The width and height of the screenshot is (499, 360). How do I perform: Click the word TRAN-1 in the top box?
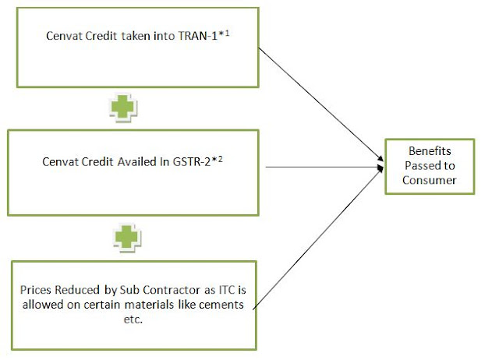click(x=197, y=36)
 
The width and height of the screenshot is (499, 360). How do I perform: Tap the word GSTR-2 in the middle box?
click(x=192, y=162)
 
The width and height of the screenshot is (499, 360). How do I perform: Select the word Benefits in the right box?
click(x=430, y=151)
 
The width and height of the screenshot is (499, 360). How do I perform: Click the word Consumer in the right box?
click(x=430, y=180)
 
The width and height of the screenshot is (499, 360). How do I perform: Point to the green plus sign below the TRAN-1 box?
click(x=123, y=108)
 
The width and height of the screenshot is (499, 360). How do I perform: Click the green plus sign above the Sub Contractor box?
click(x=127, y=238)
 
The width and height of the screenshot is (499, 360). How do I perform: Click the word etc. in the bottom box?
click(x=133, y=319)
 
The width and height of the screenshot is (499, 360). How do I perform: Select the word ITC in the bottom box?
click(x=227, y=290)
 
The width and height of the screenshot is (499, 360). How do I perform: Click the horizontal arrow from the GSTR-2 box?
click(x=325, y=167)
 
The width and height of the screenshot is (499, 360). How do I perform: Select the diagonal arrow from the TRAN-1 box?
click(x=321, y=104)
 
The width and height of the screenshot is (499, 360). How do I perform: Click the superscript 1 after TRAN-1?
click(x=227, y=33)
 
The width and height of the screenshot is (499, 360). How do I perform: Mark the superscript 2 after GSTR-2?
click(x=220, y=159)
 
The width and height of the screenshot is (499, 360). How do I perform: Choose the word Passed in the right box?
click(x=421, y=166)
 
